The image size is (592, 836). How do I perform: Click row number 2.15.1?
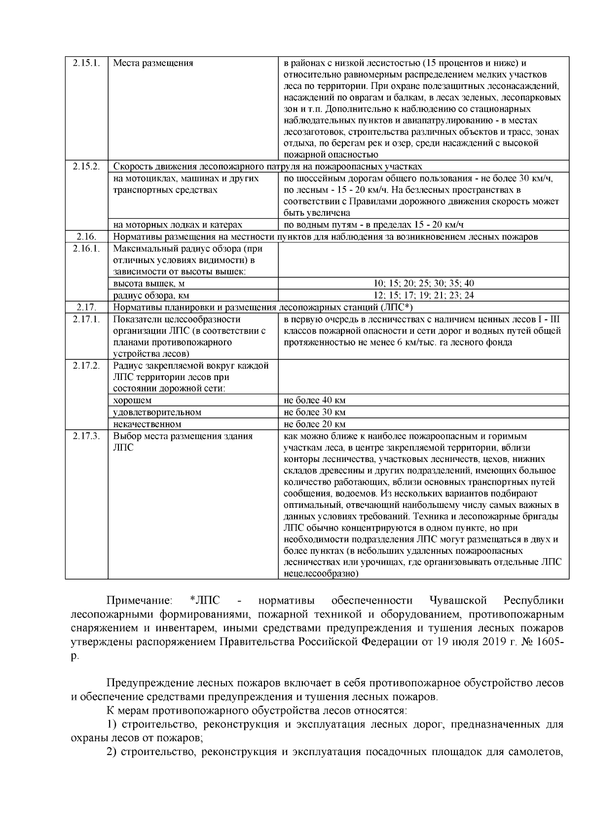pos(87,63)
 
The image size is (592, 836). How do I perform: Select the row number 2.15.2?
pos(87,166)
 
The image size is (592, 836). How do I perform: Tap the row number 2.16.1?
pos(87,248)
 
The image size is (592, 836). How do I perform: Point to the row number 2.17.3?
pos(87,436)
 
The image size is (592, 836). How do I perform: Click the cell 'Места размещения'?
pos(153,63)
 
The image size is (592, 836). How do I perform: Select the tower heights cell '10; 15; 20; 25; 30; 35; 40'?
pos(423,283)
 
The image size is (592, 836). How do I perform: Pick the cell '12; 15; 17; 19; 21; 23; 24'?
pos(423,295)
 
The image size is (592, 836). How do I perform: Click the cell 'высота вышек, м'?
pos(149,284)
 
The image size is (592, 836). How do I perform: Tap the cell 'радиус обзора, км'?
pos(151,296)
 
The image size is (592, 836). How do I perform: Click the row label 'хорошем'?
pos(132,400)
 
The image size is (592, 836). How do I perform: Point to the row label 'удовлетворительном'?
pos(157,412)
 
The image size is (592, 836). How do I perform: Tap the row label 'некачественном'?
pos(147,424)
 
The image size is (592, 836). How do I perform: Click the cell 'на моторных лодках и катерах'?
pos(178,225)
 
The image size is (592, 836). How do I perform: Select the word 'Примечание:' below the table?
pos(140,601)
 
